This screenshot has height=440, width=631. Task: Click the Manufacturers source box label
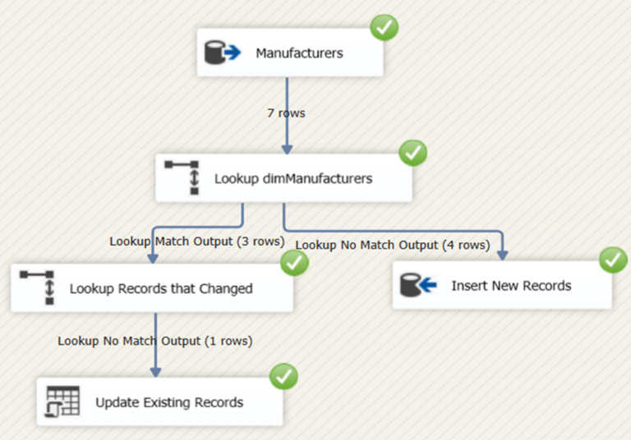(x=299, y=53)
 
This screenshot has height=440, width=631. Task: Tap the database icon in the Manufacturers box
(x=221, y=53)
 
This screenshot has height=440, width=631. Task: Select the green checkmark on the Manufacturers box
(x=385, y=28)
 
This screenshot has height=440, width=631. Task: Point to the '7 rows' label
(x=286, y=112)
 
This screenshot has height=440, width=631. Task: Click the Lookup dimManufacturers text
(x=292, y=178)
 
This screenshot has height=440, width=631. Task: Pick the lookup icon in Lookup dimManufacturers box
(x=182, y=177)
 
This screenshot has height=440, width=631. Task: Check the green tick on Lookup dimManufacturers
(x=412, y=153)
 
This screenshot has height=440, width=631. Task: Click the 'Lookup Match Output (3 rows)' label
(x=197, y=241)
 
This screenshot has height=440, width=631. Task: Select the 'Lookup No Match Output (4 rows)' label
(x=393, y=244)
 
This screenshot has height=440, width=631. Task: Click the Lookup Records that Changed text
(x=161, y=288)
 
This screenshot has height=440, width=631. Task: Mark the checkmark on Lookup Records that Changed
(x=294, y=263)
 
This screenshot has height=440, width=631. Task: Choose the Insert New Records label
(x=511, y=286)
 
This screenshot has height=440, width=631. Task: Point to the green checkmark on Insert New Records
(x=613, y=260)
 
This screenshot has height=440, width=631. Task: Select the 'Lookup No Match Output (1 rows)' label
(x=154, y=340)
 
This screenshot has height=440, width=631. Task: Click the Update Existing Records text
(x=169, y=402)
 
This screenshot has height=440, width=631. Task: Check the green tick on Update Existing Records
(x=284, y=377)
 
